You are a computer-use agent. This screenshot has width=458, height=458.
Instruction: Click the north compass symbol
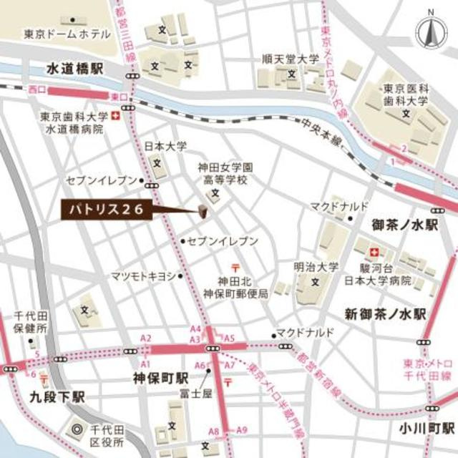(x=432, y=31)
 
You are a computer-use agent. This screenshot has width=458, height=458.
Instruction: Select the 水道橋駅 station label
(x=75, y=68)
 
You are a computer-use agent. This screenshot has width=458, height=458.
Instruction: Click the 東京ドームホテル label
(x=67, y=34)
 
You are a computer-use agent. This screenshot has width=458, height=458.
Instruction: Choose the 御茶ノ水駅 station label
(x=404, y=225)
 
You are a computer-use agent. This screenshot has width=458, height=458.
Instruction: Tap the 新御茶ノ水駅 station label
(x=385, y=313)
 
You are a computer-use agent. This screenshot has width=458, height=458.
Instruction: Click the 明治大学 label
(x=316, y=265)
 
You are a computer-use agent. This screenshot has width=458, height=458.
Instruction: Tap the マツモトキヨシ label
(x=142, y=276)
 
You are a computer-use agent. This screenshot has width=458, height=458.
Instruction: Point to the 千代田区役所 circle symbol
(x=77, y=430)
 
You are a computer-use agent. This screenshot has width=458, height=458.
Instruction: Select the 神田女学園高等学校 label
(x=223, y=174)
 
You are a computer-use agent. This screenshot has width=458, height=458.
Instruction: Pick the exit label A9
(x=242, y=430)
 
